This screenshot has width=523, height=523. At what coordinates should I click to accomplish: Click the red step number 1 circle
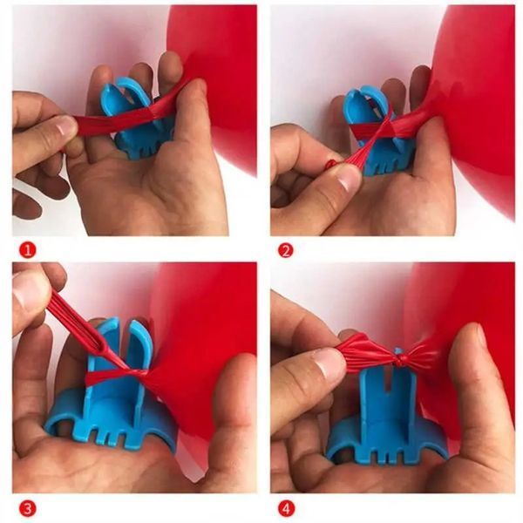[x=27, y=250]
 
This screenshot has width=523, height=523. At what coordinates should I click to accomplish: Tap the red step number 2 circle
[x=286, y=250]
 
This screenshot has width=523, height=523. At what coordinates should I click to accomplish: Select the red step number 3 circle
[x=27, y=509]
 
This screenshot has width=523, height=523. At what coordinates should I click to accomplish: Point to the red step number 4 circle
[x=286, y=509]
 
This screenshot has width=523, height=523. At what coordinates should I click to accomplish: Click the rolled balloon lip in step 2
[x=330, y=164]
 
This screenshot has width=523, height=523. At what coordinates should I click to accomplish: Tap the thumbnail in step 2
[x=348, y=179]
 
